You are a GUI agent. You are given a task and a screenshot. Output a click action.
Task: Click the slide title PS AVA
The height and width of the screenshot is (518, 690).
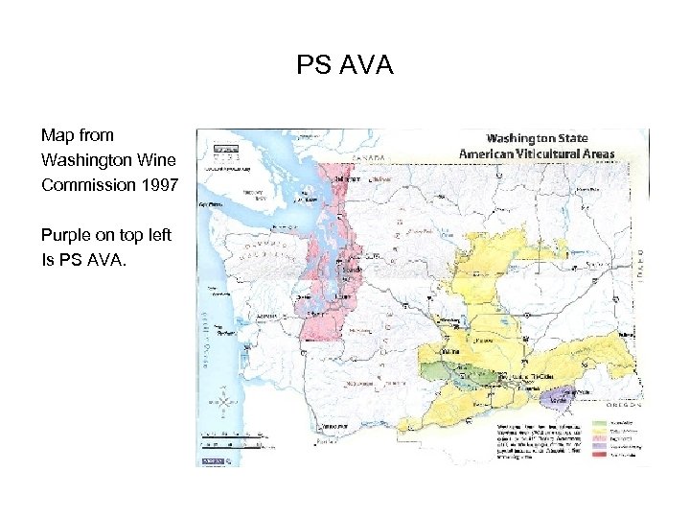pos(345,65)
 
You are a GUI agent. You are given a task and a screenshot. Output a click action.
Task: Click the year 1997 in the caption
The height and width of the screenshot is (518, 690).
pos(158,184)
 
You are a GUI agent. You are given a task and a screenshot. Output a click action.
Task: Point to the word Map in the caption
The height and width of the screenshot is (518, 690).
pos(57,135)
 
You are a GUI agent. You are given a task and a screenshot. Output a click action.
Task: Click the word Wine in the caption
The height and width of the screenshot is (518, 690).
pos(157,159)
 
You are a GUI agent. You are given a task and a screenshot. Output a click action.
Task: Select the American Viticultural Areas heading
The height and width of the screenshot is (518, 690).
pos(537,153)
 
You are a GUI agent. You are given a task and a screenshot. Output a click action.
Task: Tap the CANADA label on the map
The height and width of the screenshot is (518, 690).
pos(369,157)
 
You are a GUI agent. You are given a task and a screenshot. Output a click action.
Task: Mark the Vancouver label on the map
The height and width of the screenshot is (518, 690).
pos(333,423)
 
